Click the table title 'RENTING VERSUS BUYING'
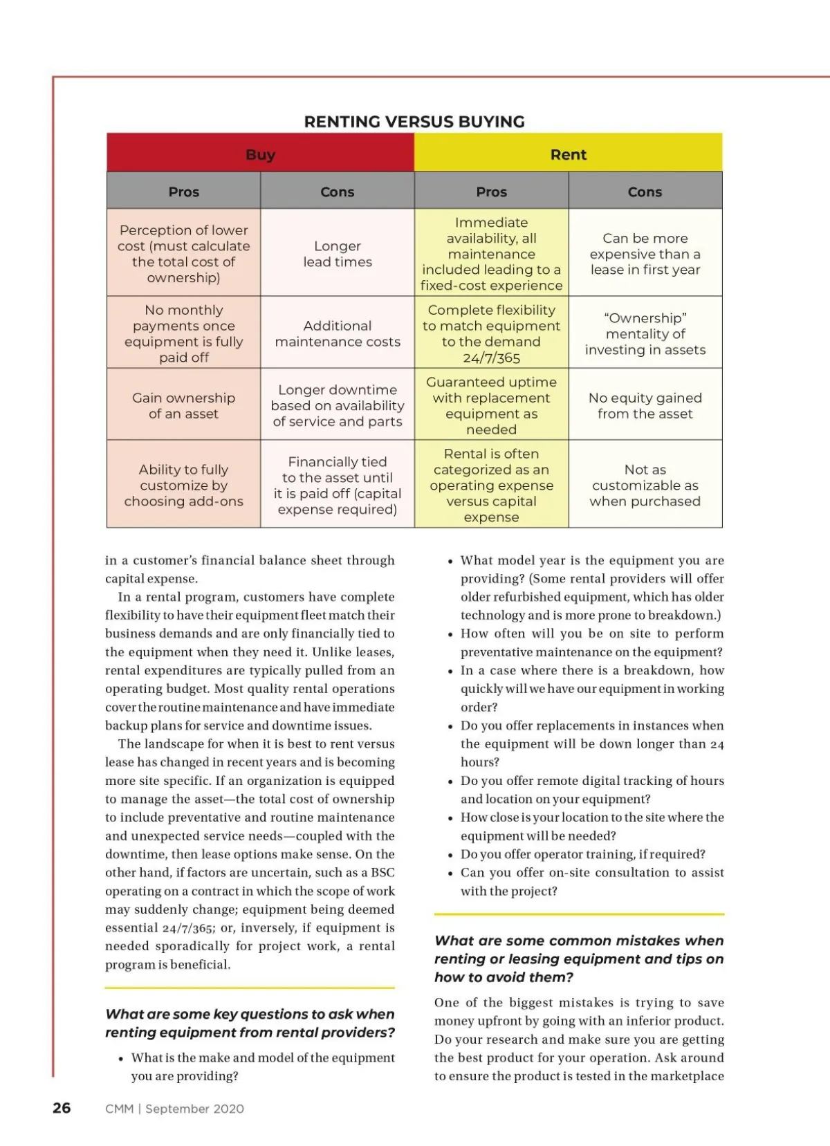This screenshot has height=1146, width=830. [x=414, y=122]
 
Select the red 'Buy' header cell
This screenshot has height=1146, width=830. [x=260, y=154]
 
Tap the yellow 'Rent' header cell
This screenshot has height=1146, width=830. [x=568, y=154]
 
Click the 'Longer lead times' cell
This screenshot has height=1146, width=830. [x=338, y=254]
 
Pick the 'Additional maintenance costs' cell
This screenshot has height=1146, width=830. [x=338, y=333]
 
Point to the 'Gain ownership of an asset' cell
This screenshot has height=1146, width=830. [x=183, y=405]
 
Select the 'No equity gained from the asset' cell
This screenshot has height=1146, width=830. [x=645, y=405]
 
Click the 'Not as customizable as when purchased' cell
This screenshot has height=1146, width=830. [x=645, y=485]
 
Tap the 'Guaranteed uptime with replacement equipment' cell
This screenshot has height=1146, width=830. [x=491, y=405]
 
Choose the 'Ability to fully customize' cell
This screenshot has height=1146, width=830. [x=183, y=485]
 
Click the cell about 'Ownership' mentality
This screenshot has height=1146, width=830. [x=645, y=333]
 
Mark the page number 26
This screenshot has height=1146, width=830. [x=62, y=1108]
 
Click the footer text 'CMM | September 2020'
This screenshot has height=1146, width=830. [x=174, y=1109]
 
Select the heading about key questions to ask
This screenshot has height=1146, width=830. [x=250, y=1023]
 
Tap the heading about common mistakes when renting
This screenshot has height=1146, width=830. [x=579, y=959]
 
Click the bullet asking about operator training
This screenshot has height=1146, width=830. [x=582, y=854]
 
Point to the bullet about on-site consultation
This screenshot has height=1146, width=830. [x=591, y=881]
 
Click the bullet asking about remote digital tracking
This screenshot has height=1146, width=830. [x=591, y=789]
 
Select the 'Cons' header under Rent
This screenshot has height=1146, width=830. [x=645, y=192]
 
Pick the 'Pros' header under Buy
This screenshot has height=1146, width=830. [x=183, y=192]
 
